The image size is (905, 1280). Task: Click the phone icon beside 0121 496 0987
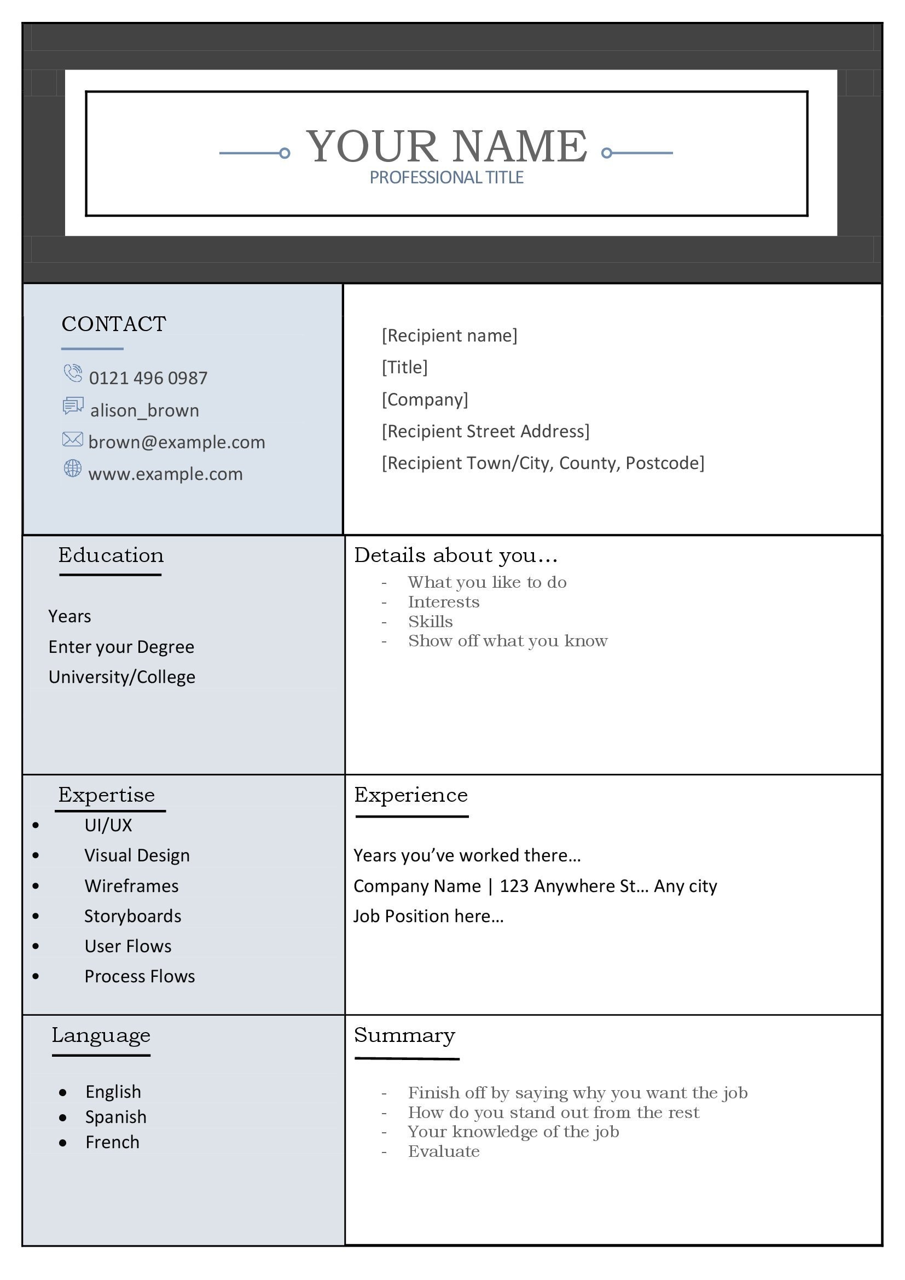pyautogui.click(x=72, y=373)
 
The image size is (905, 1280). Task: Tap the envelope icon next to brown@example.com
pyautogui.click(x=72, y=439)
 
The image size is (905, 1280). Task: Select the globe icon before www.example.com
pyautogui.click(x=72, y=468)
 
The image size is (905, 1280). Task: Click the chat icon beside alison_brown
pyautogui.click(x=73, y=406)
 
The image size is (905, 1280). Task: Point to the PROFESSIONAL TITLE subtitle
pyautogui.click(x=446, y=177)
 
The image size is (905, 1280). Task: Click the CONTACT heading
pyautogui.click(x=114, y=324)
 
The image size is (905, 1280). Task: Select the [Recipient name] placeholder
pyautogui.click(x=449, y=335)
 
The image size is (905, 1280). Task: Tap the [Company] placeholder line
pyautogui.click(x=425, y=399)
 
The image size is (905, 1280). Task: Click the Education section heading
pyautogui.click(x=111, y=555)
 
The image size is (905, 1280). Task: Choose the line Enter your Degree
pyautogui.click(x=121, y=647)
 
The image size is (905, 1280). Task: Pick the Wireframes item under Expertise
pyautogui.click(x=131, y=886)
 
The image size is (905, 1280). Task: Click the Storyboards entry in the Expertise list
pyautogui.click(x=132, y=916)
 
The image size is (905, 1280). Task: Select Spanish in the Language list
pyautogui.click(x=116, y=1117)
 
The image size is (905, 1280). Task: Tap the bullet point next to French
pyautogui.click(x=63, y=1143)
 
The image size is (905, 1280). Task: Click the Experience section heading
pyautogui.click(x=411, y=795)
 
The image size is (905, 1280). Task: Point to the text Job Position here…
pyautogui.click(x=428, y=916)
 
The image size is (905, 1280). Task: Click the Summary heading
pyautogui.click(x=404, y=1035)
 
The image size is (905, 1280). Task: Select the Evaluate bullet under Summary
pyautogui.click(x=444, y=1151)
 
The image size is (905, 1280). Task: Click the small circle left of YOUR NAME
pyautogui.click(x=284, y=153)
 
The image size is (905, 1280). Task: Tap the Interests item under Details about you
pyautogui.click(x=444, y=602)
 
